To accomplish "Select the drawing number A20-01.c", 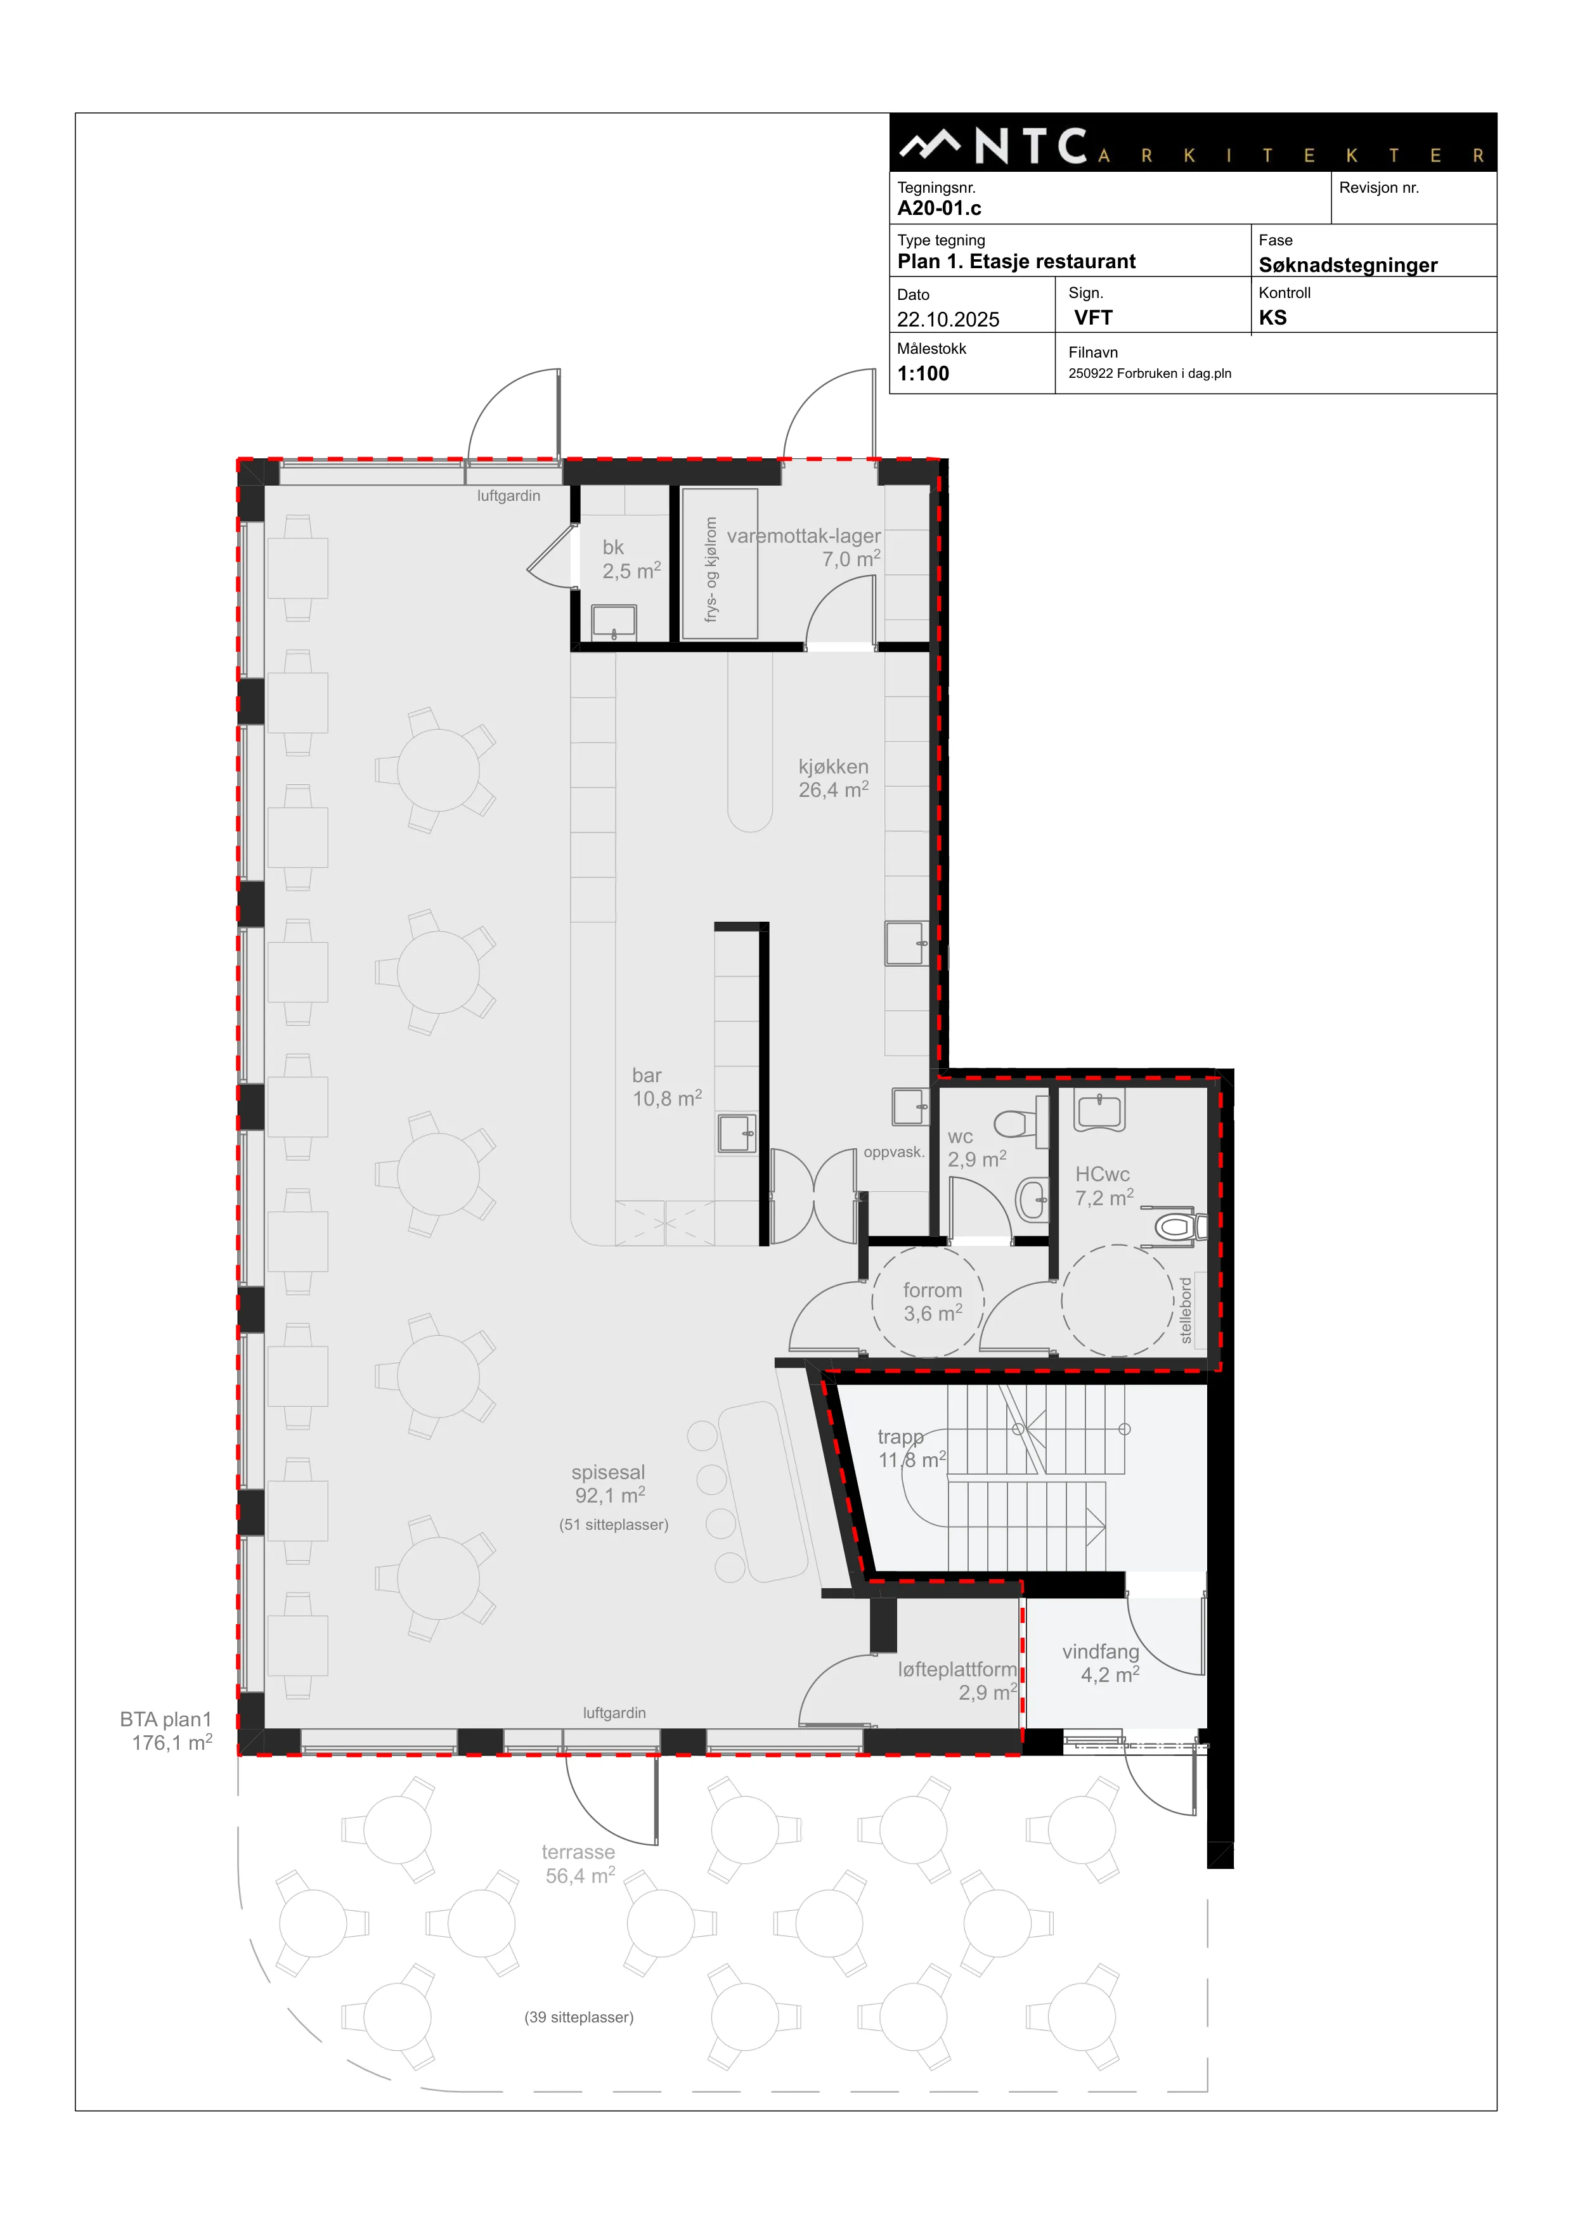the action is click(938, 208).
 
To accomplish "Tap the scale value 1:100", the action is click(923, 374).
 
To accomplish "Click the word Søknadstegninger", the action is click(1347, 266).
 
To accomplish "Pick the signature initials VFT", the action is click(1094, 318).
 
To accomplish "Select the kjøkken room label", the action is click(833, 779).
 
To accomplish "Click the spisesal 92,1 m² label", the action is click(608, 1484).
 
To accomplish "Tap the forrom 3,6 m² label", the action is click(933, 1302).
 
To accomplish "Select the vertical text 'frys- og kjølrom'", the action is click(711, 569).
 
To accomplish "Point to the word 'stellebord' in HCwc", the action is click(1186, 1310).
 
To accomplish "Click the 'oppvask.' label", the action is click(894, 1153).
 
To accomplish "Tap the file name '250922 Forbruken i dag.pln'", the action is click(1149, 374).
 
